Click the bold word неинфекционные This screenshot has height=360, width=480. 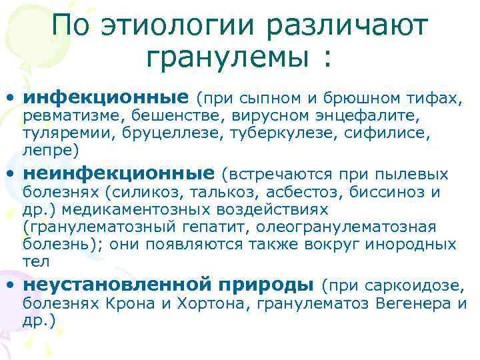119,174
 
